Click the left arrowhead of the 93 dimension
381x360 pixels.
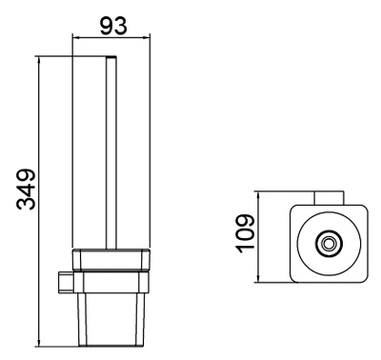tap(76, 39)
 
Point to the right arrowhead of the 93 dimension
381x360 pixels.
tap(148, 39)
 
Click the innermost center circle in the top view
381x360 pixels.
tap(330, 244)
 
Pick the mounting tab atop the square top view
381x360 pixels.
tap(329, 197)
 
